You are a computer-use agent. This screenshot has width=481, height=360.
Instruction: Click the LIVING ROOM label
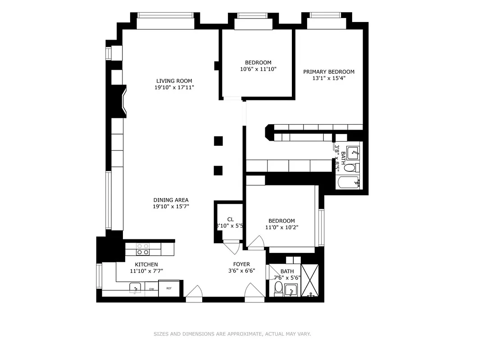[x=174, y=81]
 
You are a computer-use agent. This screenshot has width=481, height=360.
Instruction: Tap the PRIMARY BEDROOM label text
[x=328, y=72]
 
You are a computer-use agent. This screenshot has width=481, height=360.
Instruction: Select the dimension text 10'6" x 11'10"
[x=258, y=69]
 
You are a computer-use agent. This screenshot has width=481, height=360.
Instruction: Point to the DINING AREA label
[x=170, y=200]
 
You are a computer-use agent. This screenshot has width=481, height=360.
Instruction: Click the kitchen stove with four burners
[x=143, y=249]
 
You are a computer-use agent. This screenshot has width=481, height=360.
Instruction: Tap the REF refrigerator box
[x=169, y=288]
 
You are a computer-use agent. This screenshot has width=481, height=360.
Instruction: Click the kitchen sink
[x=135, y=288]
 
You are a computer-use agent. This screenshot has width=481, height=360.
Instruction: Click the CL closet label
[x=230, y=220]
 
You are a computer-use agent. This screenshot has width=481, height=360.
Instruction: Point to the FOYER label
[x=241, y=264]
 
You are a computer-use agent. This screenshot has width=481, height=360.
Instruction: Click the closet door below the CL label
[x=232, y=247]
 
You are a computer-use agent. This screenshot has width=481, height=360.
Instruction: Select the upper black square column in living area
[x=218, y=141]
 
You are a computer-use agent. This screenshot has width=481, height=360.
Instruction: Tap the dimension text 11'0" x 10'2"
[x=281, y=227]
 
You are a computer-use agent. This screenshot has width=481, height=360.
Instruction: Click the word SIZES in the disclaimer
[x=162, y=334]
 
